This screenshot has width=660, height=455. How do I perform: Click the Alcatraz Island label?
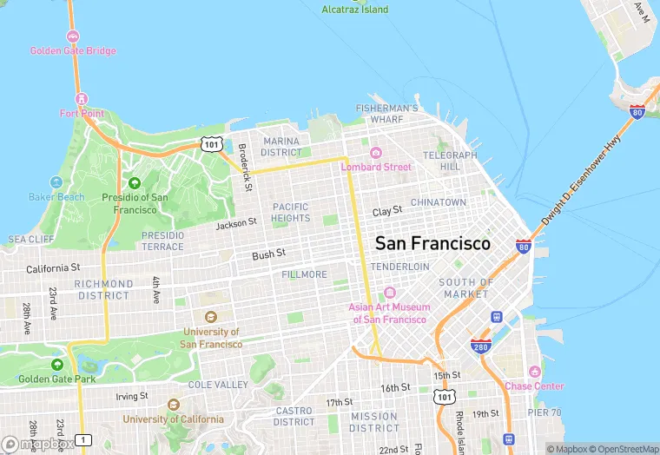[x=355, y=10]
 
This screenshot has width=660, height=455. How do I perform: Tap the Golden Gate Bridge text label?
[x=73, y=50]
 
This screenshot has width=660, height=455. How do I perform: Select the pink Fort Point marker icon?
[x=82, y=98]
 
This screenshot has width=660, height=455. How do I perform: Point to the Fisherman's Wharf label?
[x=387, y=113]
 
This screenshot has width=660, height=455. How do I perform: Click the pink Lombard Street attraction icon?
[x=376, y=153]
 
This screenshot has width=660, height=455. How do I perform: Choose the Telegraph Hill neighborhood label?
[x=450, y=161]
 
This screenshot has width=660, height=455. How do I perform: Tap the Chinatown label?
[x=438, y=202]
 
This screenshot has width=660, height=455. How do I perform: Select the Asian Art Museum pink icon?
[x=389, y=293]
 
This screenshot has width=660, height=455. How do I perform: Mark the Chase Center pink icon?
[x=534, y=372]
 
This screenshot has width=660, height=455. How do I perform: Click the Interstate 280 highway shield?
[x=480, y=346]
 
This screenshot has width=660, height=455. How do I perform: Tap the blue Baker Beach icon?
[x=56, y=182]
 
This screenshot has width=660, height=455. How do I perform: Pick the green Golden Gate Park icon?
[x=57, y=365]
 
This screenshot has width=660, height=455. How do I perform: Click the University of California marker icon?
[x=174, y=405]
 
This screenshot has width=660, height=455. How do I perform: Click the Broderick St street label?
[x=247, y=167]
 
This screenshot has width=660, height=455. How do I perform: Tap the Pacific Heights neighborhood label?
[x=290, y=213]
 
